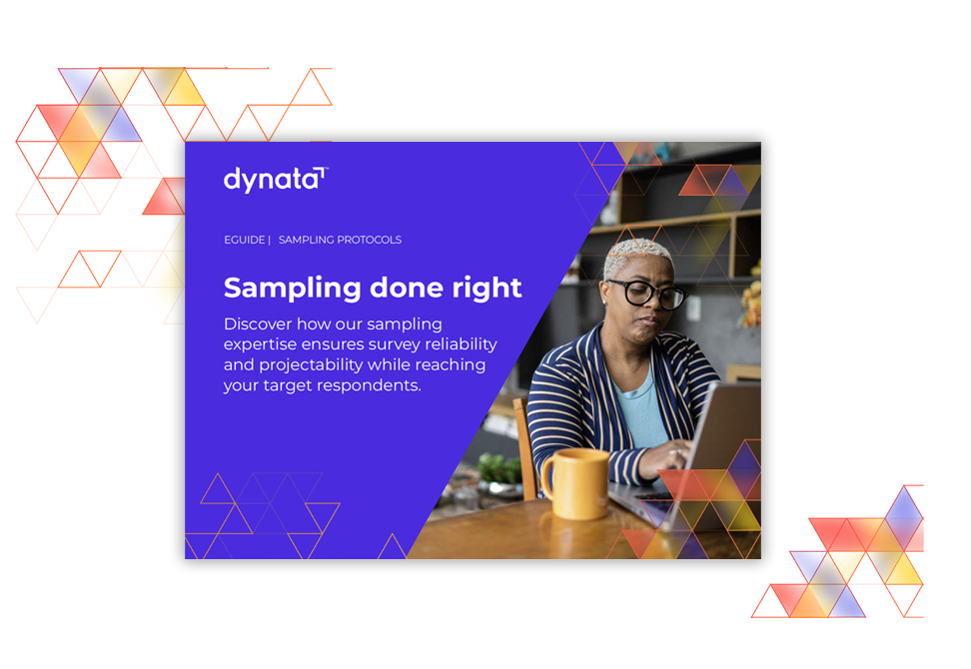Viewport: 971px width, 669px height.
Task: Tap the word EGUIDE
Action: [244, 240]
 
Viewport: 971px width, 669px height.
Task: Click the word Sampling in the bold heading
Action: [293, 289]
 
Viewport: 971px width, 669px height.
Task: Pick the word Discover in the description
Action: [258, 324]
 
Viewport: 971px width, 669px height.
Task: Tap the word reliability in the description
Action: [461, 344]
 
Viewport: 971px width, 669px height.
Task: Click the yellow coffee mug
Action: [576, 484]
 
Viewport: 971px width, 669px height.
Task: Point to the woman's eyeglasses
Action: [647, 293]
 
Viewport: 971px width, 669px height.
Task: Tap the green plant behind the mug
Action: [499, 468]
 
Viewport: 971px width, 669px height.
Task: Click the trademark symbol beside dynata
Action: [326, 169]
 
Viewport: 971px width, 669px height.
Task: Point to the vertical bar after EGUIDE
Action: [270, 240]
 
